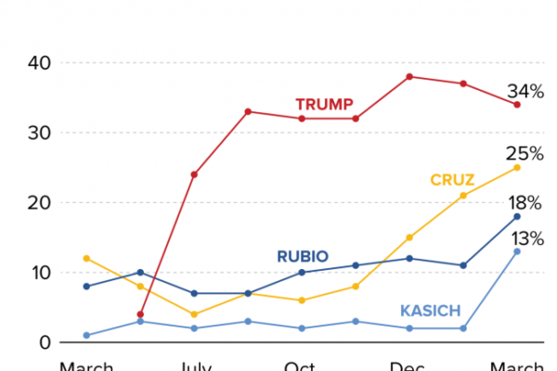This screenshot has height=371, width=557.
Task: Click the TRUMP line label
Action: pos(324,104)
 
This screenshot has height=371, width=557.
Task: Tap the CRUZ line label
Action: pos(453,179)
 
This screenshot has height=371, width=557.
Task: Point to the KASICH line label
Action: pos(430,311)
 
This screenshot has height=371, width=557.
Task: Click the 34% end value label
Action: pos(525,91)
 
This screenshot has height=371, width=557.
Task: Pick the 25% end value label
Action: pos(525,153)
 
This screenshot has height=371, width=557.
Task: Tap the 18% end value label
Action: pos(525,204)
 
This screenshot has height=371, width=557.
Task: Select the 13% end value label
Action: pos(525,237)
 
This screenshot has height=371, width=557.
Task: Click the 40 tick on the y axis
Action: pos(40,63)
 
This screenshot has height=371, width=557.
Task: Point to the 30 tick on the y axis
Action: pos(40,133)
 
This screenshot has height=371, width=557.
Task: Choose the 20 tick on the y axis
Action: pos(40,202)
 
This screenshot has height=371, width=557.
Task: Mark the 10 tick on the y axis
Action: pos(40,273)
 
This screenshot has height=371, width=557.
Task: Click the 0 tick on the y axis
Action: pos(45,342)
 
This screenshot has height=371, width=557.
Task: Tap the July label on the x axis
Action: pos(193,365)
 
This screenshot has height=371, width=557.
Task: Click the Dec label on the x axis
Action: pos(408,365)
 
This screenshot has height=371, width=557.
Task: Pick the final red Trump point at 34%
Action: pos(517,105)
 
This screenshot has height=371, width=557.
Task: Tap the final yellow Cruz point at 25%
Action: pos(517,167)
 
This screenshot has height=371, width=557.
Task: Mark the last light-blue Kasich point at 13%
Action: pos(517,251)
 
